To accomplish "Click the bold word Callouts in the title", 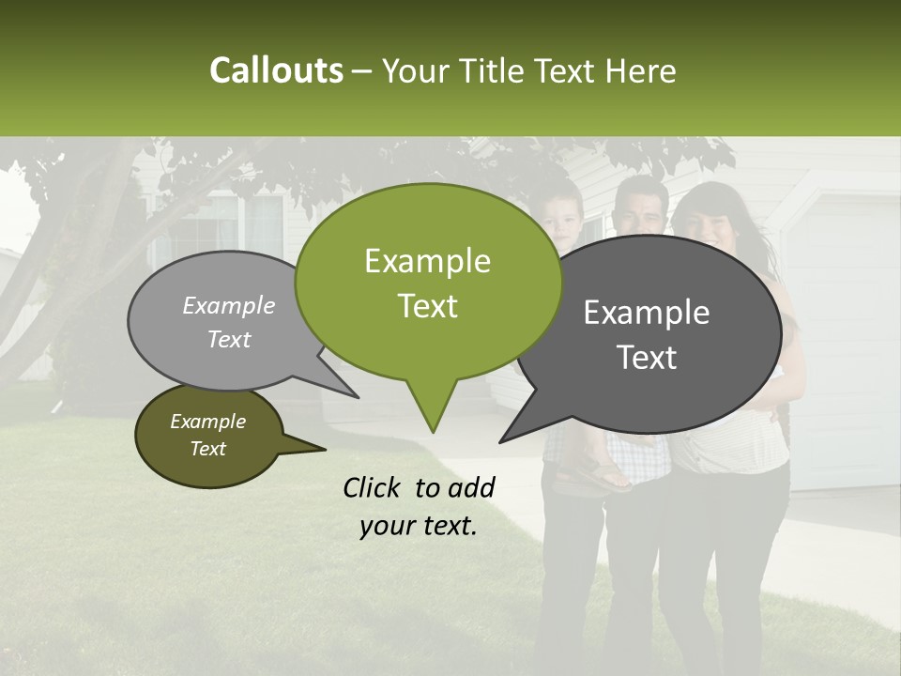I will click(276, 70).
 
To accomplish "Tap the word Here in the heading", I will click(639, 71).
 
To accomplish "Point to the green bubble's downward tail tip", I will click(433, 429).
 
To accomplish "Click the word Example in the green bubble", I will click(427, 261).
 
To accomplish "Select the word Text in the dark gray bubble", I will click(647, 358).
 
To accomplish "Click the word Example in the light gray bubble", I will click(229, 305).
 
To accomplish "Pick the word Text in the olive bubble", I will click(208, 449).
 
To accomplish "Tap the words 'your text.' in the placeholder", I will click(418, 526).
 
